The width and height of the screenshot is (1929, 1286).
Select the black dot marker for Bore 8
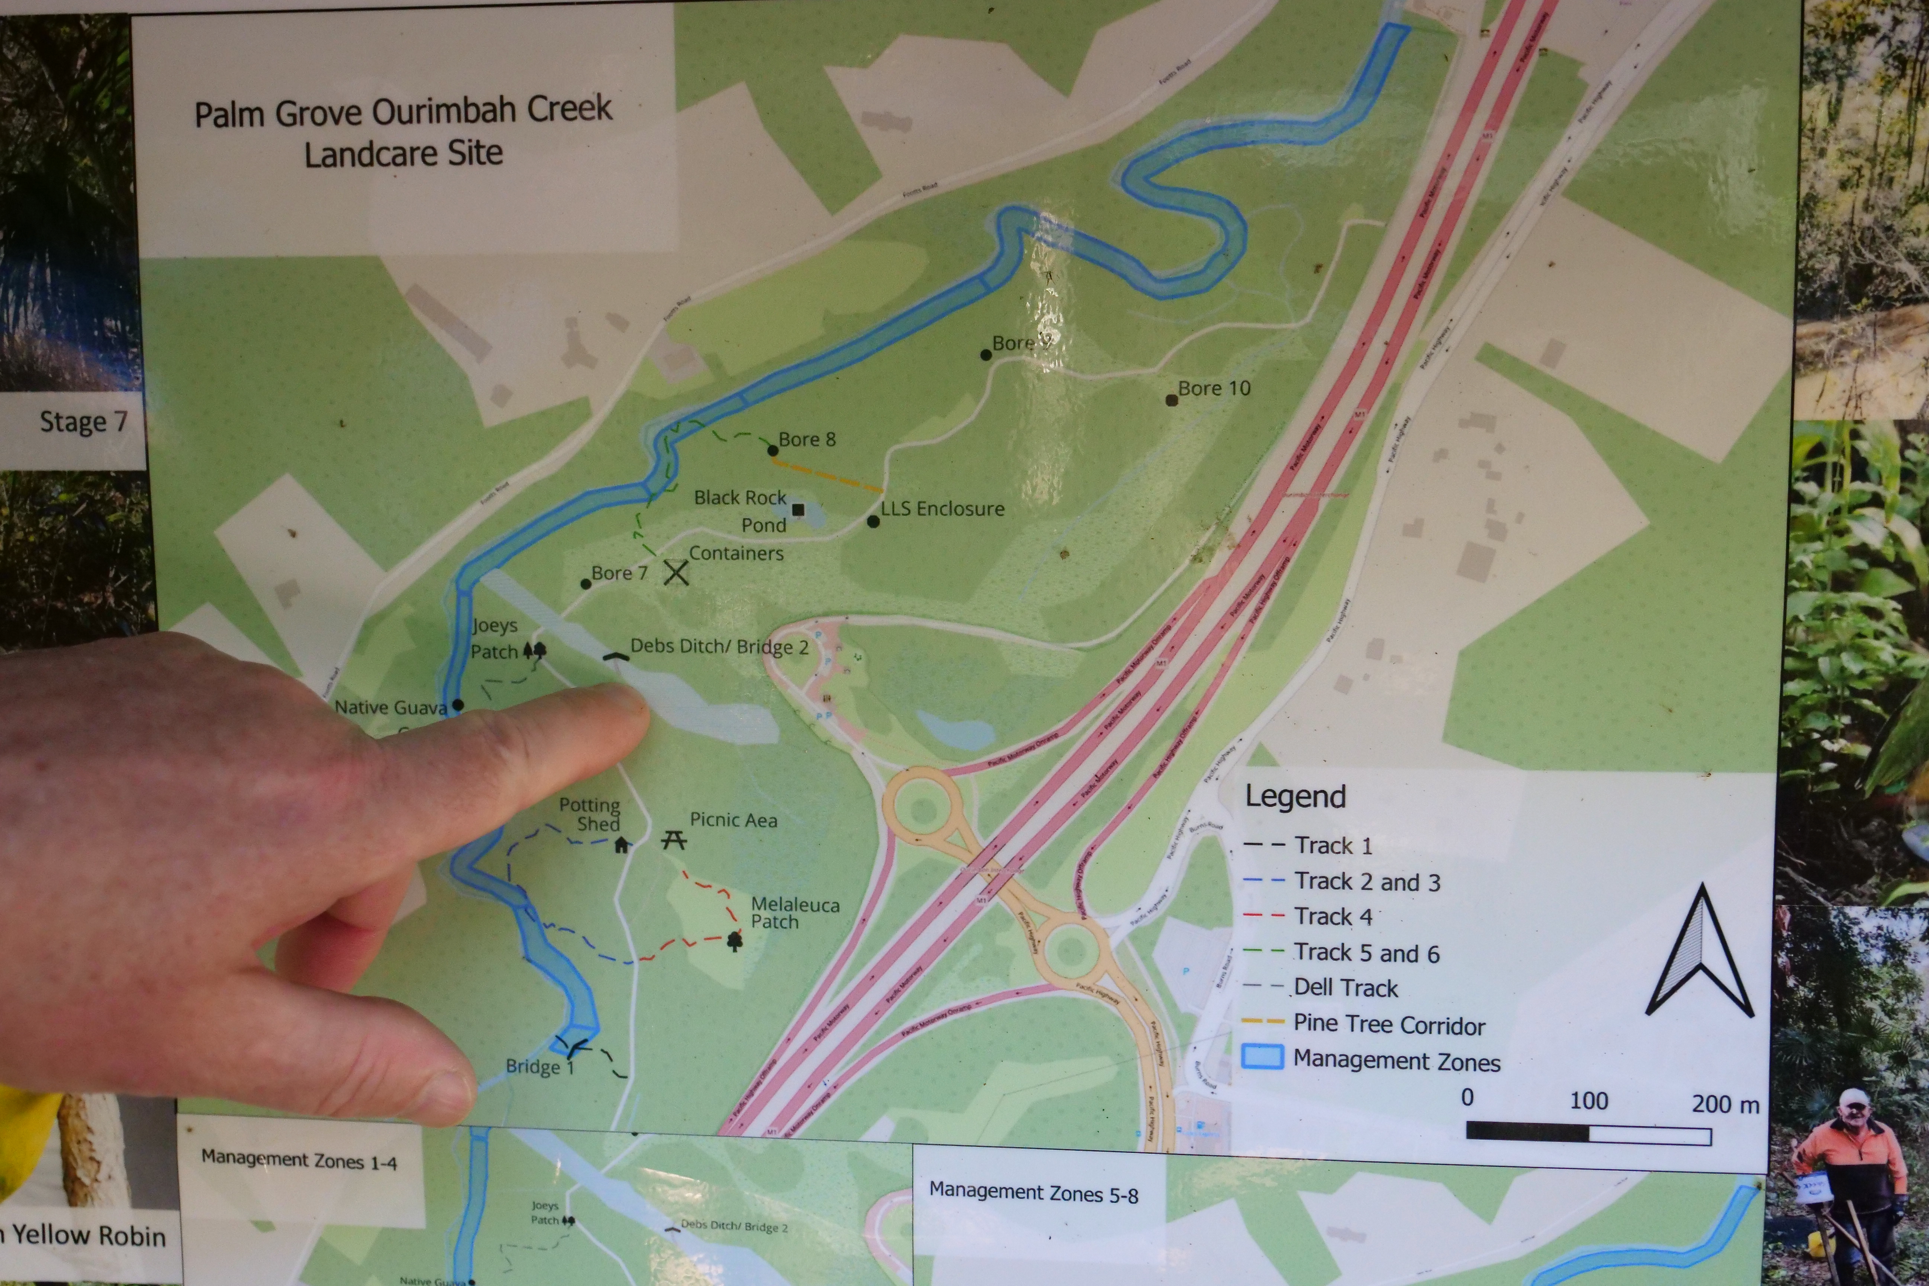click(773, 450)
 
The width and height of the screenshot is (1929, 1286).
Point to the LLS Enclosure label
click(943, 509)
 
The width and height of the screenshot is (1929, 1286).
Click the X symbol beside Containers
click(676, 572)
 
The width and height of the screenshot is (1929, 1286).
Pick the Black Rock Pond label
click(741, 510)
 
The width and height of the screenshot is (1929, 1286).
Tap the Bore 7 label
click(619, 573)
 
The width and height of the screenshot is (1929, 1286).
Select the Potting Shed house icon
click(622, 844)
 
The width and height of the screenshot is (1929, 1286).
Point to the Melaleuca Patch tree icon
click(734, 941)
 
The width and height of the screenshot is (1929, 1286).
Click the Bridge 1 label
click(539, 1066)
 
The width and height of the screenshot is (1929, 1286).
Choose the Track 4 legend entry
click(1333, 916)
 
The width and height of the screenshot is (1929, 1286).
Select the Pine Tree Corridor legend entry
click(1388, 1024)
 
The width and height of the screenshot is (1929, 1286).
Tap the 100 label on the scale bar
click(1589, 1101)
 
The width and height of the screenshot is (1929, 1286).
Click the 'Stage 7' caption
click(83, 422)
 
